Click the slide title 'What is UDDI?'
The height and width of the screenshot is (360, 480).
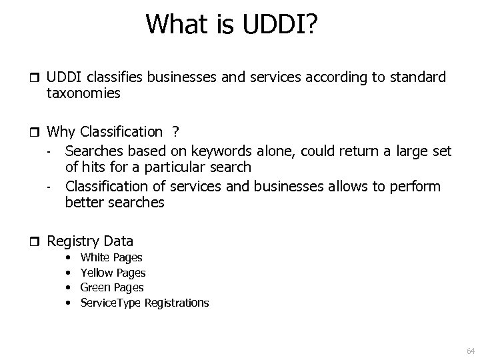pos(232,25)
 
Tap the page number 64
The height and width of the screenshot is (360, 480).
pos(471,351)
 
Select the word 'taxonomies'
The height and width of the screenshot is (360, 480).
pos(83,94)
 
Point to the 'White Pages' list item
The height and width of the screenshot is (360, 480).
pos(111,257)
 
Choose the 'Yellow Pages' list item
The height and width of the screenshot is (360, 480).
pos(113,273)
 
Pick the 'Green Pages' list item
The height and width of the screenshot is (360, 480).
pos(111,287)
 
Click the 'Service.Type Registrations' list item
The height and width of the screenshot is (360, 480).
pos(144,303)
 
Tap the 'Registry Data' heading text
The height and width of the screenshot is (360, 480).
pos(90,241)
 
